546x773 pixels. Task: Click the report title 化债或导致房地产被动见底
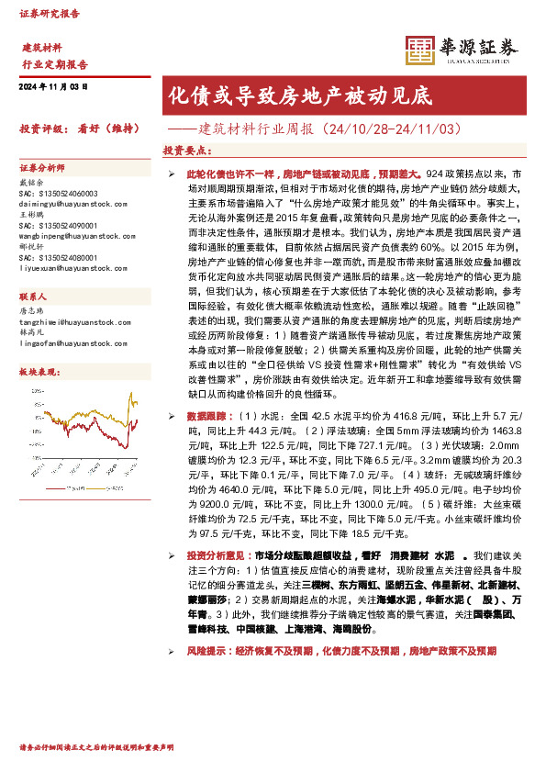click(298, 95)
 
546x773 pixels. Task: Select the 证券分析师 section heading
click(42, 168)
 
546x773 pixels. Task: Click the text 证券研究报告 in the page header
click(50, 14)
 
